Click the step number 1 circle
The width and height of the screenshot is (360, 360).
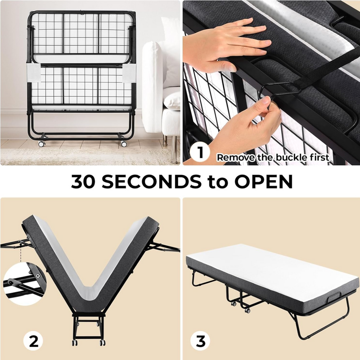click(200, 152)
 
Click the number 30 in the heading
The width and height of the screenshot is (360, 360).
click(83, 181)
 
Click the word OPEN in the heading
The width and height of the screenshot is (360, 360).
click(263, 181)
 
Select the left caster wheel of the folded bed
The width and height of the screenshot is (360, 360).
click(41, 144)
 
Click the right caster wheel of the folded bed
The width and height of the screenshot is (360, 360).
click(124, 144)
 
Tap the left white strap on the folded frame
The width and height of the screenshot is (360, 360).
click(33, 72)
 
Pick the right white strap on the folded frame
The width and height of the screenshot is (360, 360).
click(129, 73)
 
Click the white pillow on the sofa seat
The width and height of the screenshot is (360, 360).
click(171, 99)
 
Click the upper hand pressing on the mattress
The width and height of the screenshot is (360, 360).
click(226, 45)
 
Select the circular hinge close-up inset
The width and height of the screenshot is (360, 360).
click(25, 284)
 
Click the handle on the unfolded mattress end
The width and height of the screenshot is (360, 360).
click(336, 298)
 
